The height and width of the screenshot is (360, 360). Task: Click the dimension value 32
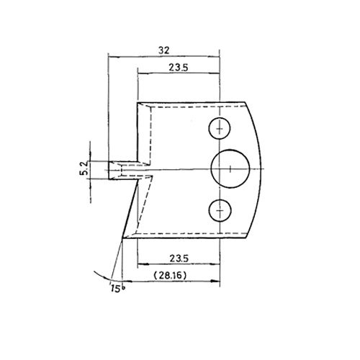tap(164, 50)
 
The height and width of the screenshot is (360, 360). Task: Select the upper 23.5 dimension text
tap(179, 68)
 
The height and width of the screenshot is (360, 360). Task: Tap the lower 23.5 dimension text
tap(179, 258)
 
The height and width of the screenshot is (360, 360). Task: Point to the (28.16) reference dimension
tap(170, 276)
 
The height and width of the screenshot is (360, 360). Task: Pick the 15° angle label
tap(117, 288)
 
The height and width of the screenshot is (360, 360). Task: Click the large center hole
tap(230, 169)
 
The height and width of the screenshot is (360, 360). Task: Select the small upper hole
tap(220, 128)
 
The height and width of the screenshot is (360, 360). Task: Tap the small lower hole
tap(220, 210)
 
